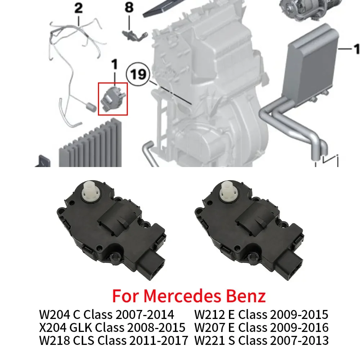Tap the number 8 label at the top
[x=129, y=8]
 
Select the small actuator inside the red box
[x=112, y=98]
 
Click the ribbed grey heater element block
[x=90, y=144]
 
